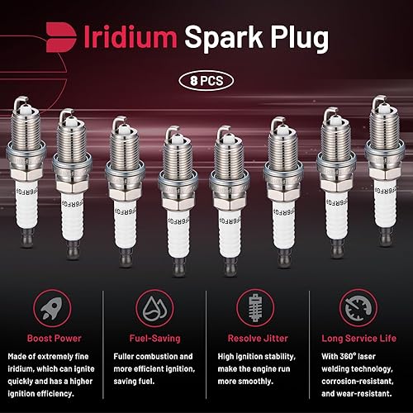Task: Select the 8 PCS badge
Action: click(x=206, y=82)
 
